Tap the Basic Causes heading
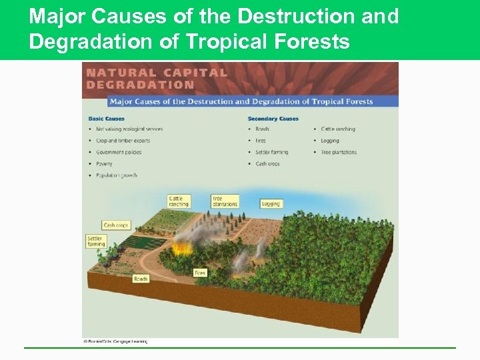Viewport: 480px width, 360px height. (106, 119)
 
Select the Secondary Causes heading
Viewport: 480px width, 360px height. (273, 119)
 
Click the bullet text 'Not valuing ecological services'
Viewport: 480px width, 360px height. (129, 129)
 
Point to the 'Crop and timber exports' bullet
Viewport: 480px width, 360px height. (123, 141)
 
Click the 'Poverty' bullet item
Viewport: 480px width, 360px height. (104, 163)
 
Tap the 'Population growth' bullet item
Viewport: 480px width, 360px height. (116, 175)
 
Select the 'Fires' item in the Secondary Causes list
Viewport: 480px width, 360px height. (261, 141)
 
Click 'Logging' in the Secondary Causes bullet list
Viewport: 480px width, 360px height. (329, 141)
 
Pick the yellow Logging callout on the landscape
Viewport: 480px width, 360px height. (271, 203)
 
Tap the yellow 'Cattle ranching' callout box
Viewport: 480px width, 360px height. (179, 201)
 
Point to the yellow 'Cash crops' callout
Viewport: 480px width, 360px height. (115, 225)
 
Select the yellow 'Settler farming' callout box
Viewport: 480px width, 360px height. (96, 241)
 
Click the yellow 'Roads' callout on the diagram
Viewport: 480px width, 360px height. (141, 279)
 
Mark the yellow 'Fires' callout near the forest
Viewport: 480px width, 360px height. (200, 273)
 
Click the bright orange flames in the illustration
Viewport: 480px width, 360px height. (181, 249)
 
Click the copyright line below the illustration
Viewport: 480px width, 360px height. (115, 341)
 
